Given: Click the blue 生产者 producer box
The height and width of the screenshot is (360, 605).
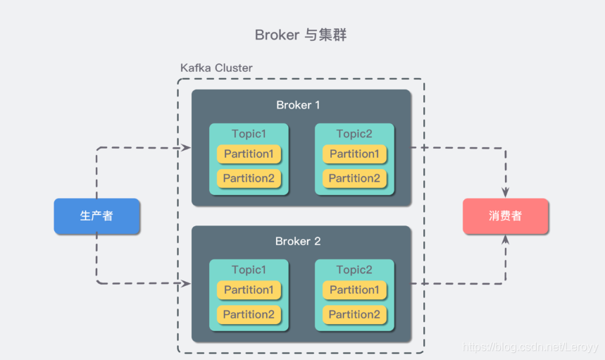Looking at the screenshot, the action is click(96, 216).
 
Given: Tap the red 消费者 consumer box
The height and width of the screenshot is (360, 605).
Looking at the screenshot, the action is click(506, 216).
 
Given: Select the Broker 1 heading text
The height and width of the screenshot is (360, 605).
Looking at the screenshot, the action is click(298, 105).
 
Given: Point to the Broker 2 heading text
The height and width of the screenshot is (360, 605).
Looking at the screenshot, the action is click(298, 241).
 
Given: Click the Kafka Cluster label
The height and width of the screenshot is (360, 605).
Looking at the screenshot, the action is click(216, 68).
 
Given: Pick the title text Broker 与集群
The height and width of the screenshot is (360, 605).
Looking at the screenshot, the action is click(301, 35).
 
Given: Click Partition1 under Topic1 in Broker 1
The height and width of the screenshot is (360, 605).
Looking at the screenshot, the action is click(249, 154).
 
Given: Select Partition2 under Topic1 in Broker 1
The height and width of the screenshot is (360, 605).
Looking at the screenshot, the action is click(249, 178).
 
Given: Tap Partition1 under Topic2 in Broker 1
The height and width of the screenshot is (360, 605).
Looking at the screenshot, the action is click(354, 154).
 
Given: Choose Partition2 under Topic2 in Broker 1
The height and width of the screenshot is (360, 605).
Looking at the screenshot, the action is click(354, 178).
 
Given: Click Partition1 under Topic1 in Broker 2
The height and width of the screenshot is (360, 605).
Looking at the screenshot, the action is click(249, 290).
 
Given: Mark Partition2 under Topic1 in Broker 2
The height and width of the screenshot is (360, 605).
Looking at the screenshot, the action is click(249, 314).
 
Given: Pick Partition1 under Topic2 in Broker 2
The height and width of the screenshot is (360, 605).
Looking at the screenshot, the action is click(354, 290).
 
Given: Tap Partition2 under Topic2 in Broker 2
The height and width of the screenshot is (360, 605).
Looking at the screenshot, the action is click(354, 314).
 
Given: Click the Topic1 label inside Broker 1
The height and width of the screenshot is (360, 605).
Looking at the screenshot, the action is click(249, 134).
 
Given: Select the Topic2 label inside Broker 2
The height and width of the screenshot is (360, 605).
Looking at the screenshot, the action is click(354, 270).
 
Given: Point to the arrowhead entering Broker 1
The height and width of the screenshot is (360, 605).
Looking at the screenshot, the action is click(186, 147).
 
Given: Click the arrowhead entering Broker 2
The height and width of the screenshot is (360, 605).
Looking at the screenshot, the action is click(186, 284).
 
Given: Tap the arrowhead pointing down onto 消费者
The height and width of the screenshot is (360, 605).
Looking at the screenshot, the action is click(506, 192).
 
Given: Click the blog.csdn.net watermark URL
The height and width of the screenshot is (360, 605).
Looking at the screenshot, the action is click(530, 347).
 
